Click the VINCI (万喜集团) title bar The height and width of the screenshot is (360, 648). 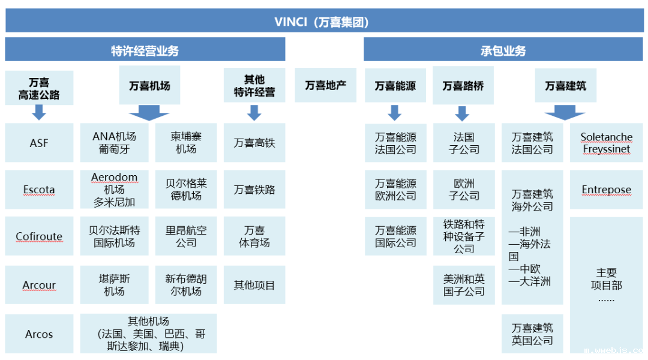tap(324, 22)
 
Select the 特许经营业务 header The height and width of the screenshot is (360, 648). tap(145, 50)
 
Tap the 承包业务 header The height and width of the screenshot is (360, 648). tap(503, 50)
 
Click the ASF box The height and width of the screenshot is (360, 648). tap(39, 143)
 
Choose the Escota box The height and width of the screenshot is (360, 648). tap(39, 190)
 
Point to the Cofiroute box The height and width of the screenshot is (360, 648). tap(39, 236)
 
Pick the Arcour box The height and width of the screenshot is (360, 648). tap(39, 285)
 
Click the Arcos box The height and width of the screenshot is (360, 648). tap(39, 334)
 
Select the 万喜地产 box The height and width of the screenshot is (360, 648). tap(326, 85)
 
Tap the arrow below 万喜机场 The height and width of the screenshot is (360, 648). tap(149, 112)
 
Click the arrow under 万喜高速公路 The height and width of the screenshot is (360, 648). tap(39, 112)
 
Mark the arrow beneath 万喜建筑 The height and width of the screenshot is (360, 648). tap(565, 112)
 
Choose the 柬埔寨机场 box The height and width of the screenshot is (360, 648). tap(186, 143)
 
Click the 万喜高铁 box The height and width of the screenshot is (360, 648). tap(254, 143)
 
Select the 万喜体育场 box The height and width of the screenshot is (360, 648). tap(254, 236)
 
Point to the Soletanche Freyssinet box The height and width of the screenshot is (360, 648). tap(606, 143)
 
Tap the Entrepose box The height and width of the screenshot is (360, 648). tap(606, 190)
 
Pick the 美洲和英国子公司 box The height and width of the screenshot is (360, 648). tap(464, 285)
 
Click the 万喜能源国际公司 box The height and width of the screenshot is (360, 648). tap(395, 236)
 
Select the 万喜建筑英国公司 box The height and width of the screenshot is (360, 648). tap(532, 334)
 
